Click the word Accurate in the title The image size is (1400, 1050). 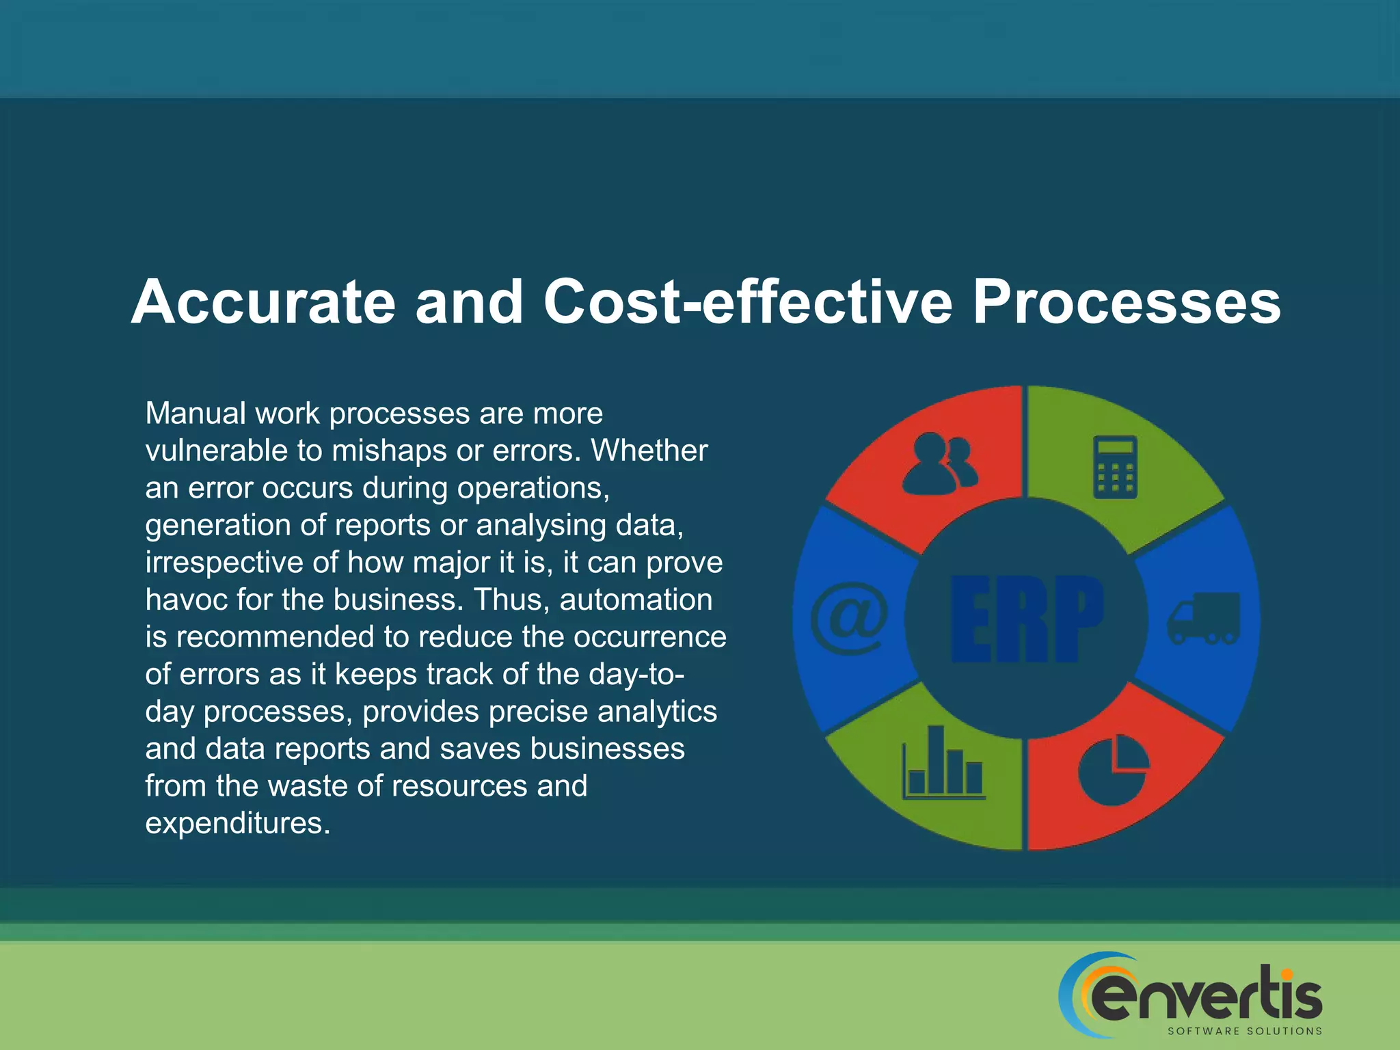click(263, 302)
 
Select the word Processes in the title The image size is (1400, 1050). click(1126, 302)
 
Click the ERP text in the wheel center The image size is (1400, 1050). click(1027, 619)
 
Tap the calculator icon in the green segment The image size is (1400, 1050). click(1115, 467)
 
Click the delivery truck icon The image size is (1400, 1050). click(1203, 618)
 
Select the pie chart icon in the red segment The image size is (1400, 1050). click(1114, 770)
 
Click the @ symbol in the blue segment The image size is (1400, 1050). click(849, 618)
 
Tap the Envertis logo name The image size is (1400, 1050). click(1207, 995)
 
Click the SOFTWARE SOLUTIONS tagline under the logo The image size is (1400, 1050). click(1244, 1031)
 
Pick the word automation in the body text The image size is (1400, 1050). click(636, 600)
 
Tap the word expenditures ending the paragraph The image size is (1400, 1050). click(237, 824)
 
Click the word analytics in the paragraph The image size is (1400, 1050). click(657, 712)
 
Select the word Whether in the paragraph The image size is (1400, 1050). click(649, 451)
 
